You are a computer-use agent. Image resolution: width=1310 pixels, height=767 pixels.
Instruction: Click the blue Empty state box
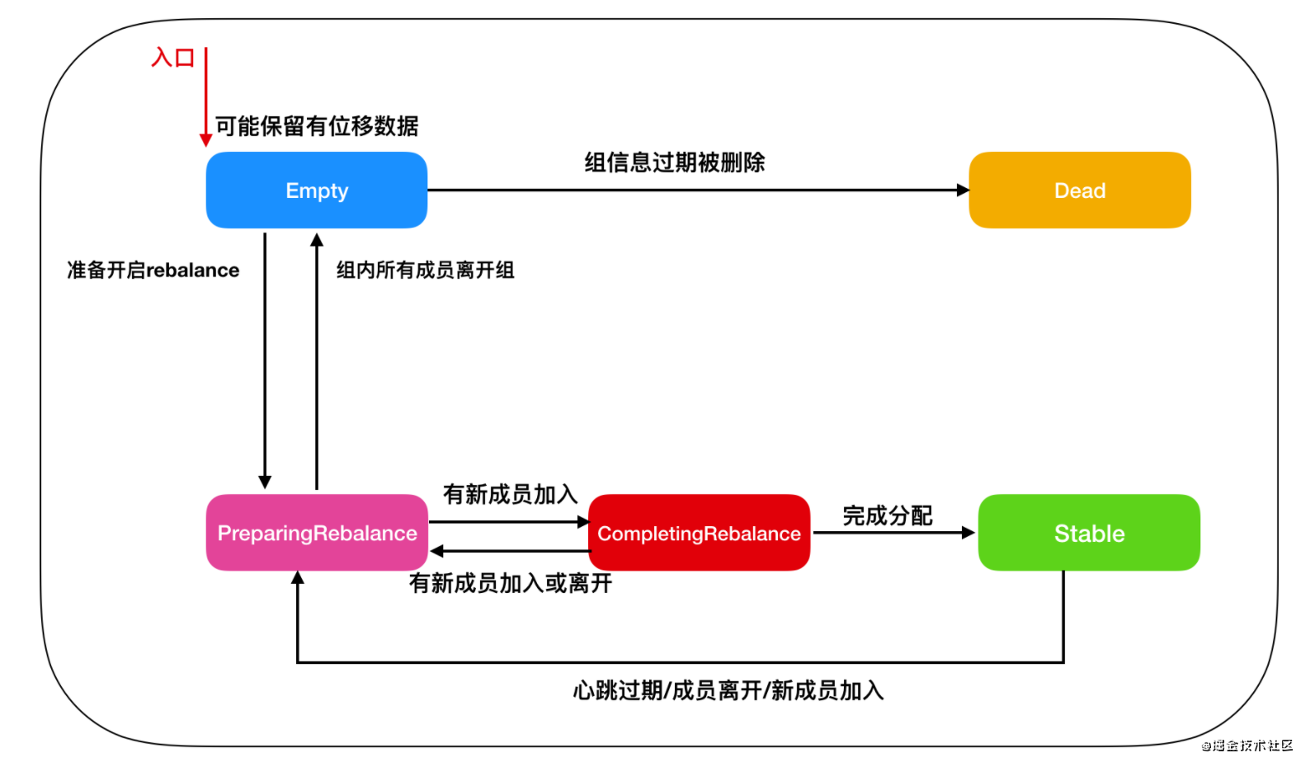pyautogui.click(x=317, y=191)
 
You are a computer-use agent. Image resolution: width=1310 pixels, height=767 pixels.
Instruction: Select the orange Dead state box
pyautogui.click(x=1079, y=191)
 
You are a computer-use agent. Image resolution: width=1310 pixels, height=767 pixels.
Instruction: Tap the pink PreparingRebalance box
pyautogui.click(x=317, y=533)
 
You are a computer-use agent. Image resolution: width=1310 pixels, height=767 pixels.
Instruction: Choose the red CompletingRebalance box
pyautogui.click(x=699, y=533)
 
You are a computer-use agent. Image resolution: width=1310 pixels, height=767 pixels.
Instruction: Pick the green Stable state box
pyautogui.click(x=1089, y=533)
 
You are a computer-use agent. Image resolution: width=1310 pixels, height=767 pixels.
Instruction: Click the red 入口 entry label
pyautogui.click(x=173, y=58)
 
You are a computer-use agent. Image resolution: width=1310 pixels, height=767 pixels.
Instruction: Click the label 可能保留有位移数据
pyautogui.click(x=317, y=126)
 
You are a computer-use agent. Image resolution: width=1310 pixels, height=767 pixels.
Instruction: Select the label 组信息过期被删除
pyautogui.click(x=675, y=162)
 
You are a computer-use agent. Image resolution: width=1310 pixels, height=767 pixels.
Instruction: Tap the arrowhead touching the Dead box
pyautogui.click(x=963, y=191)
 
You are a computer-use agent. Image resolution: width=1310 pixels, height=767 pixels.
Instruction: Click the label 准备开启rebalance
pyautogui.click(x=153, y=271)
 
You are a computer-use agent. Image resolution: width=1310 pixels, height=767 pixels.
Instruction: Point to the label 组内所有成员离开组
pyautogui.click(x=425, y=271)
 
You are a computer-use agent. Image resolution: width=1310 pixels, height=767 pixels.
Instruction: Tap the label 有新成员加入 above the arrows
pyautogui.click(x=510, y=494)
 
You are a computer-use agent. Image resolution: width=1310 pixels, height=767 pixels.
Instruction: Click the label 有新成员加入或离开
pyautogui.click(x=511, y=584)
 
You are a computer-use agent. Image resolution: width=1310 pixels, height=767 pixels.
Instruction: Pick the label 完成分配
pyautogui.click(x=888, y=516)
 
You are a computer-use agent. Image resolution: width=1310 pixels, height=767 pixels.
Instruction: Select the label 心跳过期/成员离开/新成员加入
pyautogui.click(x=728, y=690)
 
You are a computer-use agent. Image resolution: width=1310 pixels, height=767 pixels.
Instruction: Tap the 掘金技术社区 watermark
pyautogui.click(x=1247, y=746)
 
